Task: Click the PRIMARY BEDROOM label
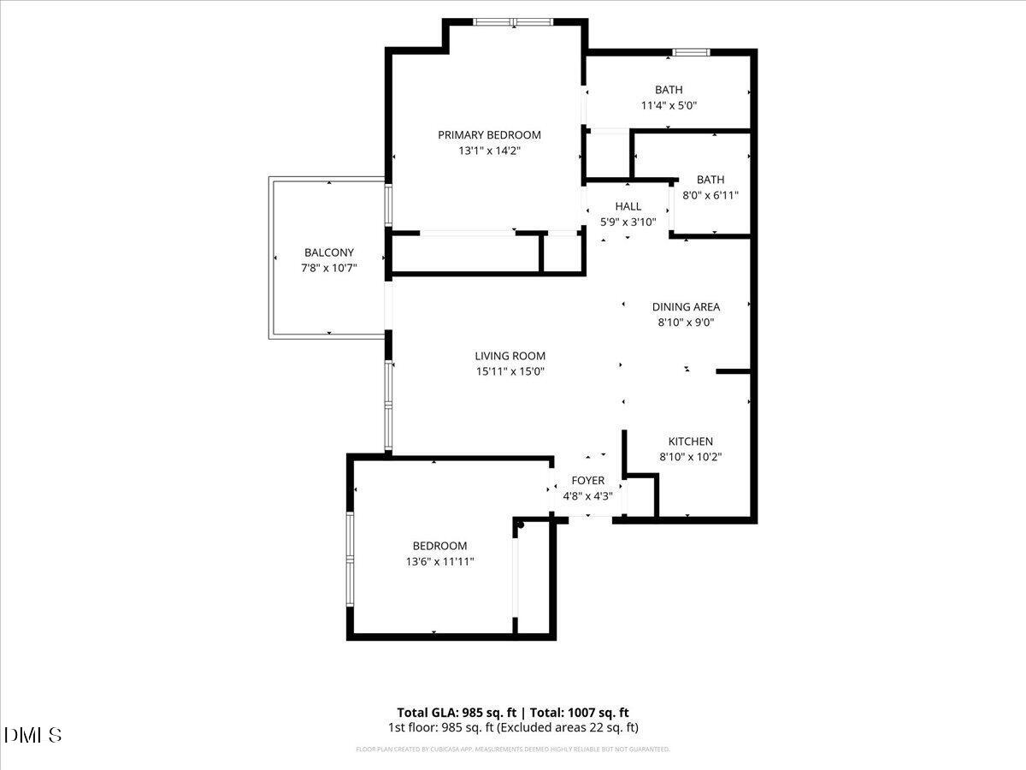[x=489, y=134]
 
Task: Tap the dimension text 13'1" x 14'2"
[x=489, y=151]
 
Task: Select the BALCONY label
[x=329, y=252]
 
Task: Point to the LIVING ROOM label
[x=510, y=356]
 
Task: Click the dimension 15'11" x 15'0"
[x=510, y=371]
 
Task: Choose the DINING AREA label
[x=686, y=306]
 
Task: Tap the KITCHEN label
[x=691, y=441]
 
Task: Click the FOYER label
[x=588, y=481]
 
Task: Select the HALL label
[x=628, y=206]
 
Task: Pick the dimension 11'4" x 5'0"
[x=669, y=106]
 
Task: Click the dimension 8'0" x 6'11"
[x=711, y=195]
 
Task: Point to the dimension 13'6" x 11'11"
[x=440, y=562]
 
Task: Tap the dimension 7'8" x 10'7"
[x=329, y=269]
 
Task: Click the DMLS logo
[x=33, y=735]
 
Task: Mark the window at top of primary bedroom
[x=514, y=22]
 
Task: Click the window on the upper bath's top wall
[x=691, y=53]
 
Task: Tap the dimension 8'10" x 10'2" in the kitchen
[x=691, y=457]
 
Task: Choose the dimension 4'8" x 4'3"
[x=588, y=496]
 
